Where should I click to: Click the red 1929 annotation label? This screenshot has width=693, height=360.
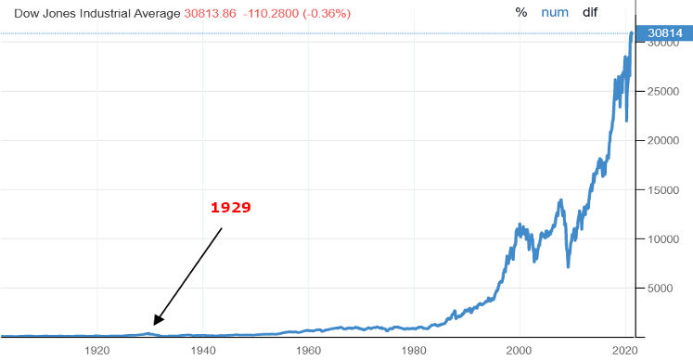pyautogui.click(x=231, y=207)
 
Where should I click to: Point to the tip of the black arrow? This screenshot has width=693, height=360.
pyautogui.click(x=154, y=325)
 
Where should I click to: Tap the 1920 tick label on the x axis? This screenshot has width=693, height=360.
pyautogui.click(x=97, y=351)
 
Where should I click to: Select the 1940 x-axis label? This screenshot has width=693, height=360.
pyautogui.click(x=203, y=351)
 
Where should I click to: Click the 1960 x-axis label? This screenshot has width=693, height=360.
pyautogui.click(x=309, y=351)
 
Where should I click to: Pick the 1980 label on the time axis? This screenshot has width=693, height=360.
pyautogui.click(x=414, y=351)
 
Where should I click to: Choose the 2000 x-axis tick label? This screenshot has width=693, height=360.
pyautogui.click(x=520, y=351)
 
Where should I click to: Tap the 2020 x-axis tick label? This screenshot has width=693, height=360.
pyautogui.click(x=625, y=351)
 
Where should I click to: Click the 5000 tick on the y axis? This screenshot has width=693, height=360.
pyautogui.click(x=661, y=289)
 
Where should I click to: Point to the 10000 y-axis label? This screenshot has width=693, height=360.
pyautogui.click(x=663, y=239)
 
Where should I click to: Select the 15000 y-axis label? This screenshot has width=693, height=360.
pyautogui.click(x=663, y=190)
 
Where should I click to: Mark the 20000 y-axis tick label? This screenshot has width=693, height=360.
pyautogui.click(x=663, y=141)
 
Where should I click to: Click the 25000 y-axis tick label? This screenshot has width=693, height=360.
pyautogui.click(x=663, y=92)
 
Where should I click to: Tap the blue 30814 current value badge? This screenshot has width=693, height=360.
pyautogui.click(x=664, y=33)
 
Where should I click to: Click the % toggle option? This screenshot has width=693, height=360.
pyautogui.click(x=521, y=12)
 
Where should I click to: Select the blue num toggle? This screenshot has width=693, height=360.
pyautogui.click(x=555, y=12)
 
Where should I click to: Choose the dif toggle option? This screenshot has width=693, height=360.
pyautogui.click(x=590, y=12)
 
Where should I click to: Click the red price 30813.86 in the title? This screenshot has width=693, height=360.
pyautogui.click(x=210, y=13)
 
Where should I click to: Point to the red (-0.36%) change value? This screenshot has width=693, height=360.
pyautogui.click(x=327, y=13)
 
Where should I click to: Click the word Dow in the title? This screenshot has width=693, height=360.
pyautogui.click(x=25, y=13)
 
